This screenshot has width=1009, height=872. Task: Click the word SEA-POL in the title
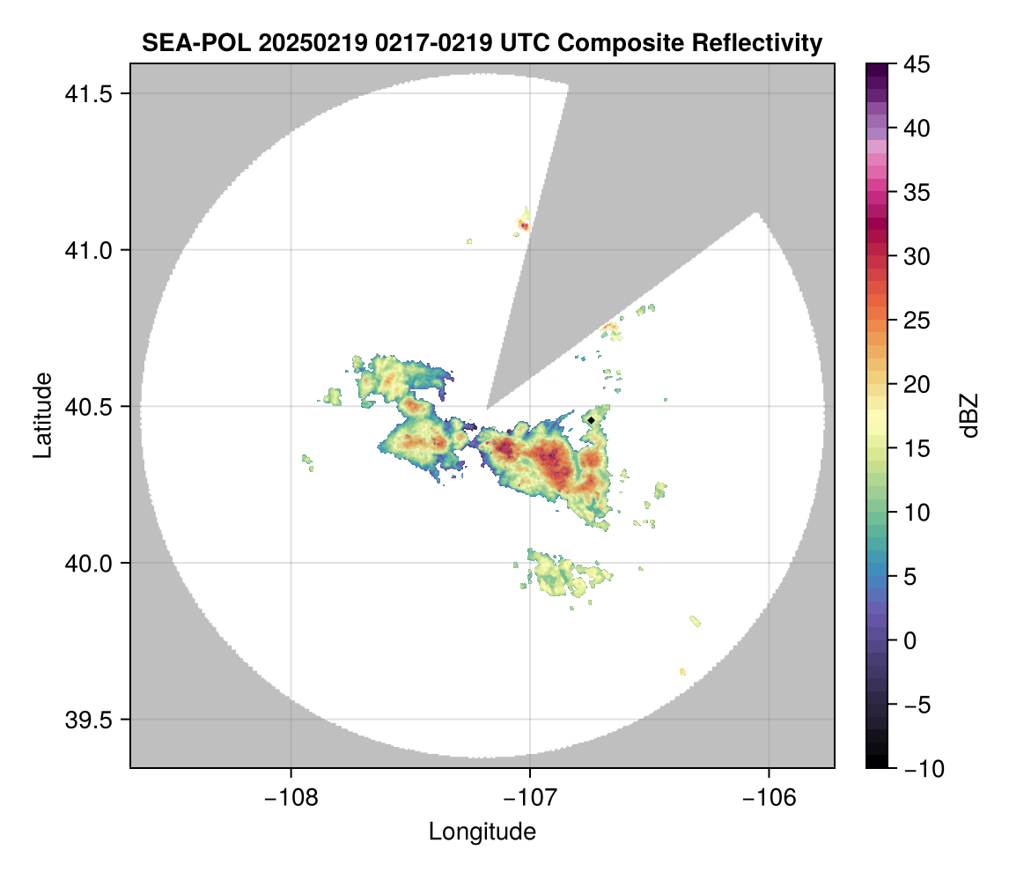point(187,42)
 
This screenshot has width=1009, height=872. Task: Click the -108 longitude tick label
point(290,797)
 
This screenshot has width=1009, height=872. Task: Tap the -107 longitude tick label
point(529,797)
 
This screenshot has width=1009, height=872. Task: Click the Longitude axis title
point(482,831)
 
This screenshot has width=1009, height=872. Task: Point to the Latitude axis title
point(41,415)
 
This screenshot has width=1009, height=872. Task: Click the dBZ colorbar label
point(969,416)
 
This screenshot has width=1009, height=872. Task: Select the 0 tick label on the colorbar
point(909,640)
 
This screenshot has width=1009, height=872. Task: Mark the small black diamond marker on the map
point(592,420)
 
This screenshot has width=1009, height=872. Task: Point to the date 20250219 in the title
point(291,42)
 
